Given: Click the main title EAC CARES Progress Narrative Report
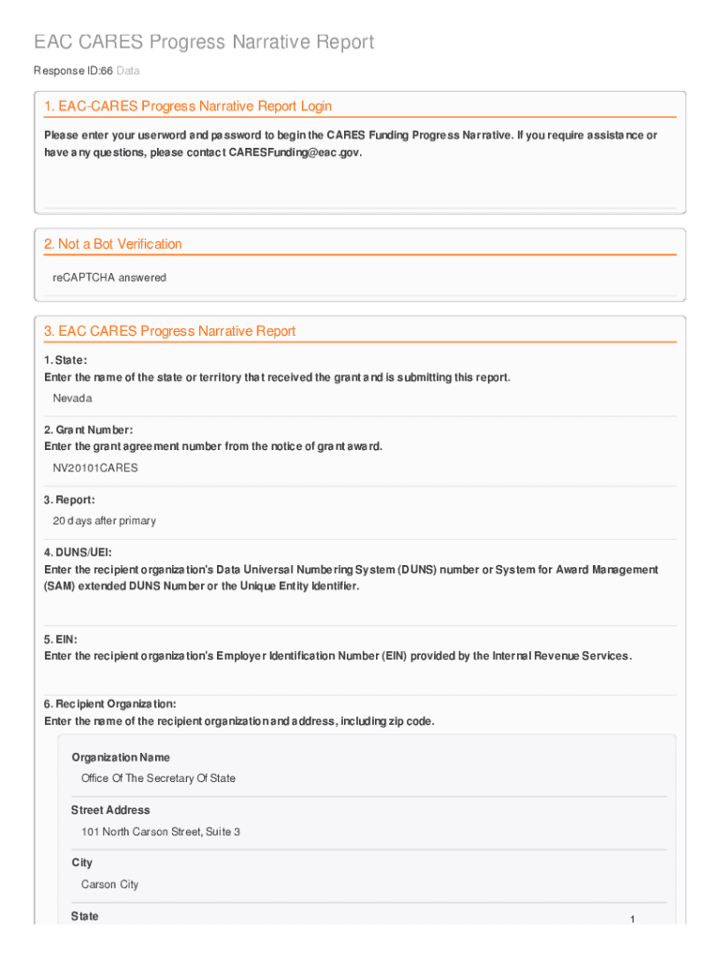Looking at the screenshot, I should pyautogui.click(x=204, y=42).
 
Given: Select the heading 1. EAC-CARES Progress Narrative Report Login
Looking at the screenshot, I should pyautogui.click(x=188, y=107).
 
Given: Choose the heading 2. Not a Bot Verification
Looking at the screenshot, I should pyautogui.click(x=113, y=244).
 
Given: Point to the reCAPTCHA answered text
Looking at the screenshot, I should pyautogui.click(x=109, y=278).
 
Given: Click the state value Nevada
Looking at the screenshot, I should pyautogui.click(x=73, y=399).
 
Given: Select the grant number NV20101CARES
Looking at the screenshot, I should pyautogui.click(x=95, y=468).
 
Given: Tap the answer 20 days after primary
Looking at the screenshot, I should pyautogui.click(x=105, y=521).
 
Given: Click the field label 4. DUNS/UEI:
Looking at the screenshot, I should pyautogui.click(x=71, y=553).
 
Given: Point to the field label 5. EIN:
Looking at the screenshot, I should pyautogui.click(x=61, y=640).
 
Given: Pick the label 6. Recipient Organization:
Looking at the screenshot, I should pyautogui.click(x=110, y=704).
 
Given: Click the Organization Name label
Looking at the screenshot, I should pyautogui.click(x=121, y=758).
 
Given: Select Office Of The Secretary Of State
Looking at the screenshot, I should pyautogui.click(x=158, y=778).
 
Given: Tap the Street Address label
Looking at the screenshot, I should pyautogui.click(x=110, y=810).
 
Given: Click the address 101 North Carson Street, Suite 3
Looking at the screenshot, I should pyautogui.click(x=161, y=832).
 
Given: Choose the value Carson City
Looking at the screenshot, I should pyautogui.click(x=110, y=884).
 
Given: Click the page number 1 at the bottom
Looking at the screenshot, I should pyautogui.click(x=632, y=920).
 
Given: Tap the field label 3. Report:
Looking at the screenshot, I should pyautogui.click(x=69, y=501).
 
